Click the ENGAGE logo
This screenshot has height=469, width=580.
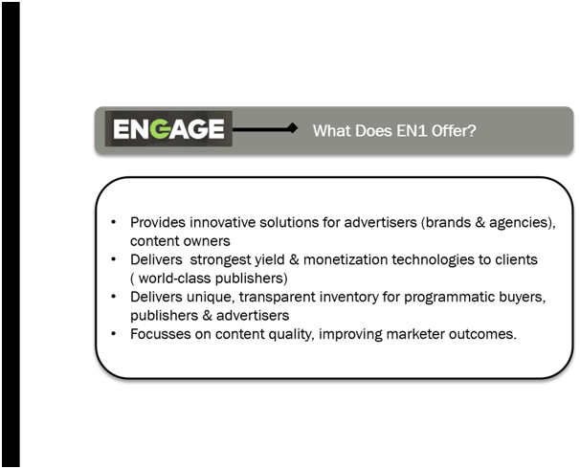pyautogui.click(x=168, y=128)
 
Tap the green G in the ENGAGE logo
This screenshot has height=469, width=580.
pyautogui.click(x=162, y=128)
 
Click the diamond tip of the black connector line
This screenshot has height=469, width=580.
pyautogui.click(x=293, y=128)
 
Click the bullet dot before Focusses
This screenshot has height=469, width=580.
pyautogui.click(x=114, y=334)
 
